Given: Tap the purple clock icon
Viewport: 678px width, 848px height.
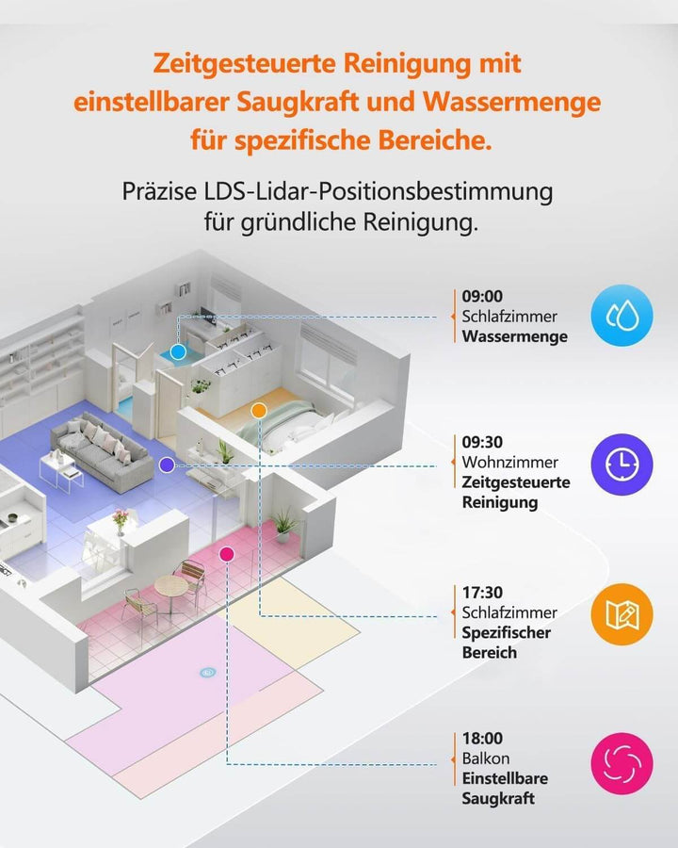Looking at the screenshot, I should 621,464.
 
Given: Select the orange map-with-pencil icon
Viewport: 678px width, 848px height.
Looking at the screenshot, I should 621,614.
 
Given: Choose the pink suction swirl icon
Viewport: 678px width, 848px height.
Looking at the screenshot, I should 621,762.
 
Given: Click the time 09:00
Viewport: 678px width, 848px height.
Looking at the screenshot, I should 482,297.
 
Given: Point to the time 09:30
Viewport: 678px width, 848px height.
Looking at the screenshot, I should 482,442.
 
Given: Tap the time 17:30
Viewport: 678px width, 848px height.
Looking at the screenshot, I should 482,593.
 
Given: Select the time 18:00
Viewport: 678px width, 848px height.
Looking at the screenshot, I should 482,739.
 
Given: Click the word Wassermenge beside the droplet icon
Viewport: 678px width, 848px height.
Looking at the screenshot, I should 515,336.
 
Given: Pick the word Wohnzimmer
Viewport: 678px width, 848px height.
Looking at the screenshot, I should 509,463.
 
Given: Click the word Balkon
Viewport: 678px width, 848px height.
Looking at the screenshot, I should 485,758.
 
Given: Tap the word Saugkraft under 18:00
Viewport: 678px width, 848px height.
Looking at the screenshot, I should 498,798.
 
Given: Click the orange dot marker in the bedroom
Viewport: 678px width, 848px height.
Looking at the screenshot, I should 258,410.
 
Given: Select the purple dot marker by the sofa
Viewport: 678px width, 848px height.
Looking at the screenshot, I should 167,465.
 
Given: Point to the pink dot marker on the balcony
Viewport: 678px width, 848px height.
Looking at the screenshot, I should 226,554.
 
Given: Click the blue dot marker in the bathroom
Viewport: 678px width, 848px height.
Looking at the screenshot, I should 177,351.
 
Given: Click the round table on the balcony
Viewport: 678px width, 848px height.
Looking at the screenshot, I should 171,585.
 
